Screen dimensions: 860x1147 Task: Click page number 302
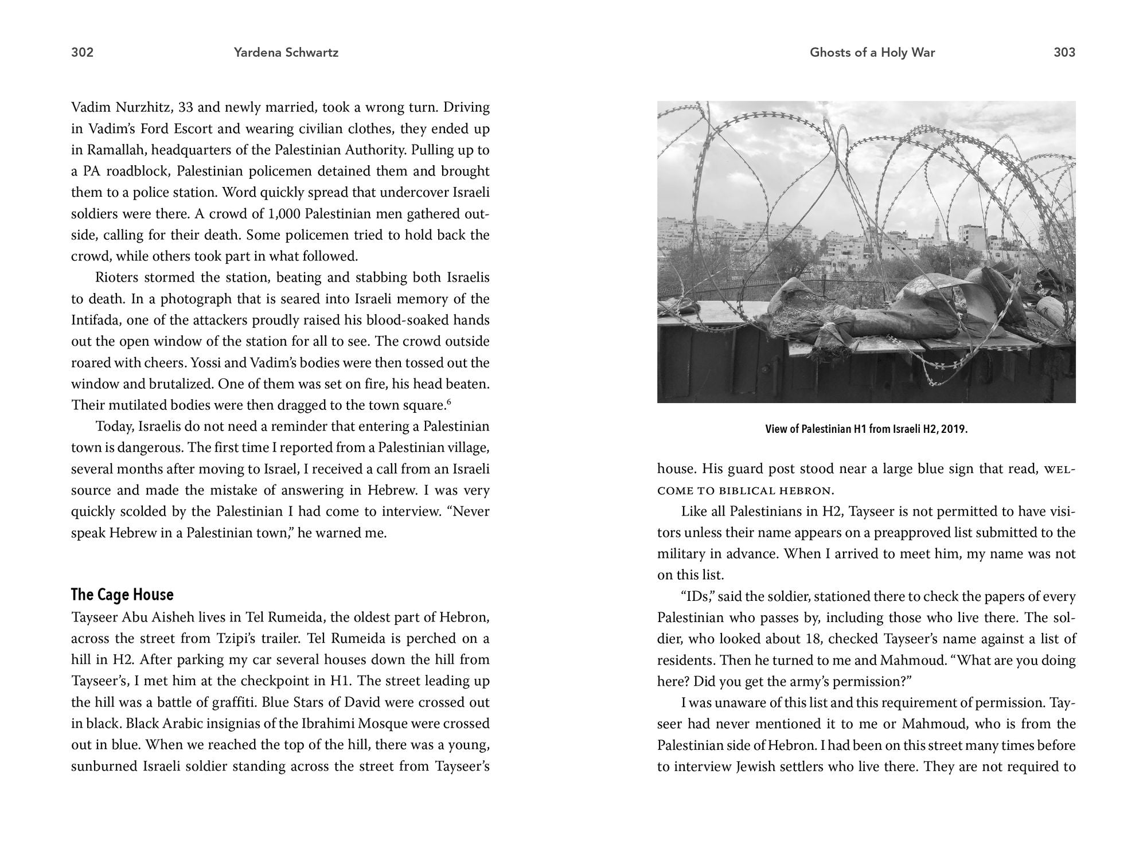tap(82, 53)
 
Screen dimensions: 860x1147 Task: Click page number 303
tap(1064, 53)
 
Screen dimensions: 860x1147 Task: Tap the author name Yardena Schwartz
tap(286, 53)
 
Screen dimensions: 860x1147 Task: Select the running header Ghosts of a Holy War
tap(872, 53)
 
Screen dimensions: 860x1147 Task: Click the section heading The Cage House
tap(122, 595)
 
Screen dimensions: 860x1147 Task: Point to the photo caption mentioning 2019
tap(866, 429)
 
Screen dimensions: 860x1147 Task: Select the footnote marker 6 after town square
tap(449, 402)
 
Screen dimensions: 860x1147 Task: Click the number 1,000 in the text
tap(284, 214)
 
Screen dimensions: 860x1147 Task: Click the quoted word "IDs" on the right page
tap(696, 596)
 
